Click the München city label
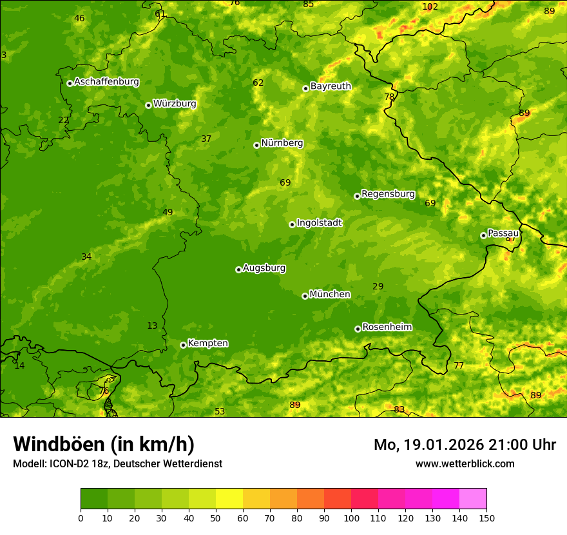point(330,295)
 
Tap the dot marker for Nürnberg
point(256,145)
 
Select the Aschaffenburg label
point(106,82)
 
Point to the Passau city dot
point(483,235)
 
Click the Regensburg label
point(388,194)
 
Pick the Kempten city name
point(207,344)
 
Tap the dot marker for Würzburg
point(148,105)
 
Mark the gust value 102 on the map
point(430,7)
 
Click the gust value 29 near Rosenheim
point(378,286)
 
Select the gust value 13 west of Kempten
point(152,326)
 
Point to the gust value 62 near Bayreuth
point(258,83)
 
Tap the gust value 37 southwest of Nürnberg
point(206,139)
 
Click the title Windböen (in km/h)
point(104,444)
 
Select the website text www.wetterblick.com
point(465,463)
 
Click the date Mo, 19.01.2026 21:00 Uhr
point(465,445)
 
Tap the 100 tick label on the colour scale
point(351,518)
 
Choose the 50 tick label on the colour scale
point(216,518)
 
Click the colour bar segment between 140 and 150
point(473,499)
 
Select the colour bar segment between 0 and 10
point(94,499)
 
